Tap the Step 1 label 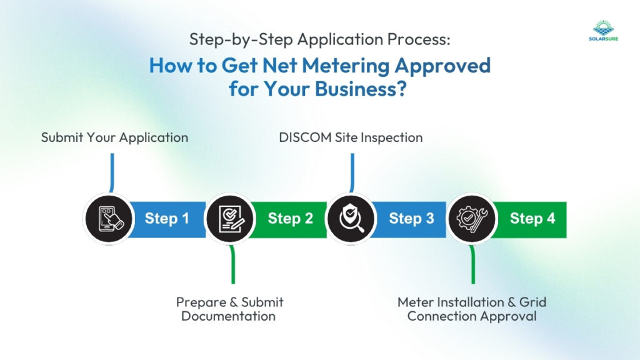[x=167, y=219]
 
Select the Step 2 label [x=290, y=219]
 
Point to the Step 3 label [x=411, y=219]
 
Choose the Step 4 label [x=532, y=219]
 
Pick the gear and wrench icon [x=472, y=219]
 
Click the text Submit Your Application [x=114, y=137]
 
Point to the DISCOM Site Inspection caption [x=351, y=137]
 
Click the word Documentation [x=229, y=316]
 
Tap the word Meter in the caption [x=416, y=302]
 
